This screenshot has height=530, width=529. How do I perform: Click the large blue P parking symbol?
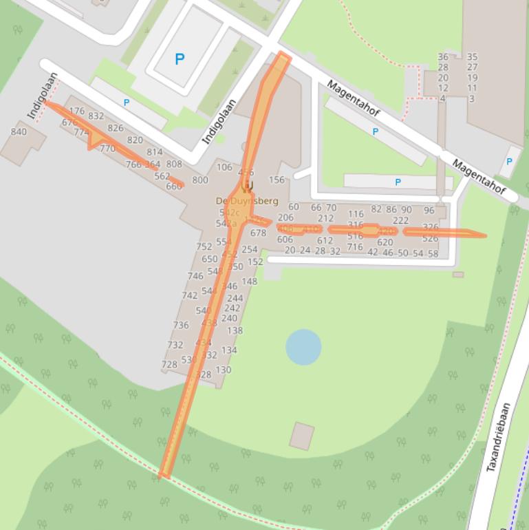pyautogui.click(x=180, y=59)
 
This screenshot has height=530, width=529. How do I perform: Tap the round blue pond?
pyautogui.click(x=303, y=346)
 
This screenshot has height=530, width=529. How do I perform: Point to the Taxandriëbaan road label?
pyautogui.click(x=501, y=437)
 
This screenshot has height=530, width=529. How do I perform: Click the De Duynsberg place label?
pyautogui.click(x=247, y=201)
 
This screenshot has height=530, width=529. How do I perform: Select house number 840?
pyautogui.click(x=19, y=132)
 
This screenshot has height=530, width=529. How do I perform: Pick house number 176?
pyautogui.click(x=77, y=111)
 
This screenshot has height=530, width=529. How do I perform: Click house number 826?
pyautogui.click(x=116, y=128)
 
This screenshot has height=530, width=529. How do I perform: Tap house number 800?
pyautogui.click(x=199, y=180)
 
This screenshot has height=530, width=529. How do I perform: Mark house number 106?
pyautogui.click(x=224, y=167)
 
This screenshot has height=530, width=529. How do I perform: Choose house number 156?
pyautogui.click(x=277, y=180)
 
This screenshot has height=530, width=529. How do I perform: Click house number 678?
pyautogui.click(x=258, y=233)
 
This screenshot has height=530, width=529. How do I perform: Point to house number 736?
pyautogui.click(x=181, y=326)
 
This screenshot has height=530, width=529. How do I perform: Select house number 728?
pyautogui.click(x=169, y=365)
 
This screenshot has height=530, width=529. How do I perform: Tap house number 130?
pyautogui.click(x=224, y=370)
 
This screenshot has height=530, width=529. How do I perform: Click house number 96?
pyautogui.click(x=429, y=210)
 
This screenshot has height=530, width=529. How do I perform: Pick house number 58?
pyautogui.click(x=433, y=253)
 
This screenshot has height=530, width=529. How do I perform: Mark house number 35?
pyautogui.click(x=472, y=57)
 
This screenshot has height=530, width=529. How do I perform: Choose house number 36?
pyautogui.click(x=443, y=57)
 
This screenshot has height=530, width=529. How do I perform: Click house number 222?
pyautogui.click(x=401, y=220)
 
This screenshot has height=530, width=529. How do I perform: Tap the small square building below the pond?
pyautogui.click(x=302, y=436)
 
